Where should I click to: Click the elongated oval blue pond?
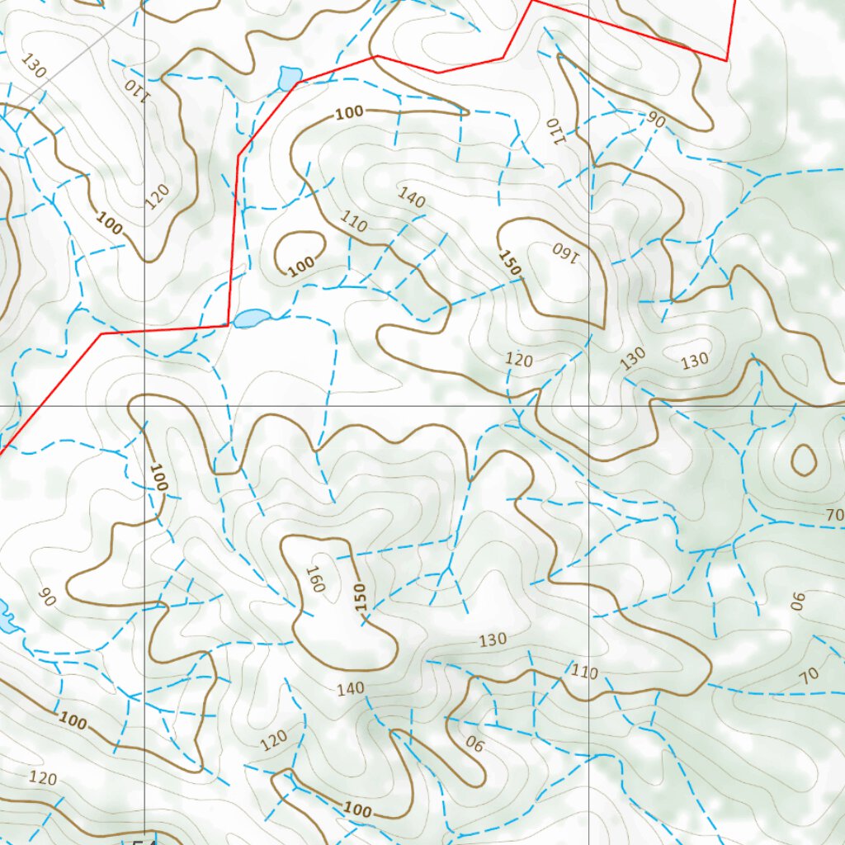click(x=252, y=318)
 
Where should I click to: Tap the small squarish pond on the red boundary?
click(x=290, y=78)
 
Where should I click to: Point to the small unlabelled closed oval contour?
click(x=804, y=460)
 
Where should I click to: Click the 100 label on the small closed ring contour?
click(x=302, y=265)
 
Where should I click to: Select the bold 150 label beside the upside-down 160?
click(x=510, y=262)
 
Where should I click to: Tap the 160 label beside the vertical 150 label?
click(x=315, y=578)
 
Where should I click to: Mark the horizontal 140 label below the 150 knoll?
click(x=350, y=689)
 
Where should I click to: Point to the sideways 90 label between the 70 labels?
click(x=797, y=601)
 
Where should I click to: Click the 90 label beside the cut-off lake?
click(x=47, y=597)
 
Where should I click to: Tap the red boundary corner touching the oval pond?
click(x=229, y=325)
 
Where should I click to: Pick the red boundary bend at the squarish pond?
click(x=297, y=83)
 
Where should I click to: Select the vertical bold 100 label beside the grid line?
click(x=158, y=477)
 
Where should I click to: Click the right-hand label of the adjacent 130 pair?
click(x=695, y=361)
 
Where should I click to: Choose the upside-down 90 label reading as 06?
click(x=474, y=744)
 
